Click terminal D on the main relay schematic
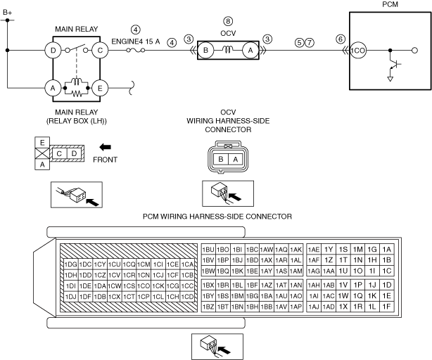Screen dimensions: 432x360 (53, 51)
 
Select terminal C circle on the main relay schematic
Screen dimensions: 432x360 (100, 51)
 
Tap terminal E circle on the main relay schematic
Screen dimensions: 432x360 (100, 88)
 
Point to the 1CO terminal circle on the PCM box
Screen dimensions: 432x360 (358, 51)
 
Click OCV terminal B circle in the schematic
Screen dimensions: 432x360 (206, 51)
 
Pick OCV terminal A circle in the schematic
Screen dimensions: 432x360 (250, 51)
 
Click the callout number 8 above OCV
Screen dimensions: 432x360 (228, 21)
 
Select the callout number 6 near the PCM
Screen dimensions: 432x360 (341, 39)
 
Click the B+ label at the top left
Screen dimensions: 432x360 (8, 13)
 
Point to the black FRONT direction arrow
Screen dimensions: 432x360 (105, 147)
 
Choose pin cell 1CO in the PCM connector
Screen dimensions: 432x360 (144, 286)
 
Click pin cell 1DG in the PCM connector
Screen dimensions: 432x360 (71, 264)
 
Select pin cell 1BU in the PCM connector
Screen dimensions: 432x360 (208, 250)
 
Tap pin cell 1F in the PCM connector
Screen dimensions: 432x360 (387, 307)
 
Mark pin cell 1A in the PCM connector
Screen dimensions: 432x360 (387, 250)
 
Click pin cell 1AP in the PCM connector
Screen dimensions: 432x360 (296, 307)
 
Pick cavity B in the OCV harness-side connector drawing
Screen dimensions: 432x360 (221, 159)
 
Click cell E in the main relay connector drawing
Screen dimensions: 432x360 (42, 143)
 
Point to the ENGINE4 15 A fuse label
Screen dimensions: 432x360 (136, 41)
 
